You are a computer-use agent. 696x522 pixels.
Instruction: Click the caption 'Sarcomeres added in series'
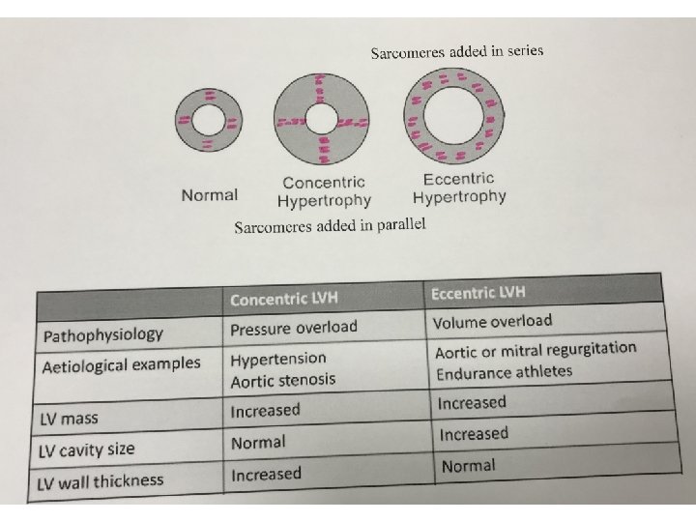click(x=457, y=51)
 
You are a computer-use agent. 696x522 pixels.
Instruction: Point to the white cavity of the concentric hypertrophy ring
click(x=320, y=122)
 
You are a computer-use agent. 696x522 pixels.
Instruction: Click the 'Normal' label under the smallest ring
click(x=209, y=195)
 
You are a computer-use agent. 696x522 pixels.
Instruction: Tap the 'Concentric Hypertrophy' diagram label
click(x=324, y=191)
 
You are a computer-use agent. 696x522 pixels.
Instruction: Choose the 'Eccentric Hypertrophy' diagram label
click(x=459, y=188)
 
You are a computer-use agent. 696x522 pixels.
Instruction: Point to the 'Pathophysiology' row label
click(x=103, y=335)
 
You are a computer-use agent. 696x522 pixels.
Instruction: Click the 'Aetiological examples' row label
click(x=122, y=365)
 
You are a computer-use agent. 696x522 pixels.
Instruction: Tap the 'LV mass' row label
click(x=69, y=420)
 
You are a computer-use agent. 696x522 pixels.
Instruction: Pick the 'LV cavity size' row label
click(x=87, y=450)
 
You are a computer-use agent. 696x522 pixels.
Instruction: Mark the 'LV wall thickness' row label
click(x=101, y=480)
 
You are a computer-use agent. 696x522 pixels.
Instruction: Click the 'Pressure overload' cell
click(x=293, y=328)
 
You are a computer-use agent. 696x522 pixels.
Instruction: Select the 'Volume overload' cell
click(x=493, y=321)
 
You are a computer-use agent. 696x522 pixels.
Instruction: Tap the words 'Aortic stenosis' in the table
click(x=282, y=380)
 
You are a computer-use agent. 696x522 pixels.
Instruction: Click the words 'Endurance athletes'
click(x=504, y=372)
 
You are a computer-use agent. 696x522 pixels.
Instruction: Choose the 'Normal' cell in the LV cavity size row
click(x=258, y=443)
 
